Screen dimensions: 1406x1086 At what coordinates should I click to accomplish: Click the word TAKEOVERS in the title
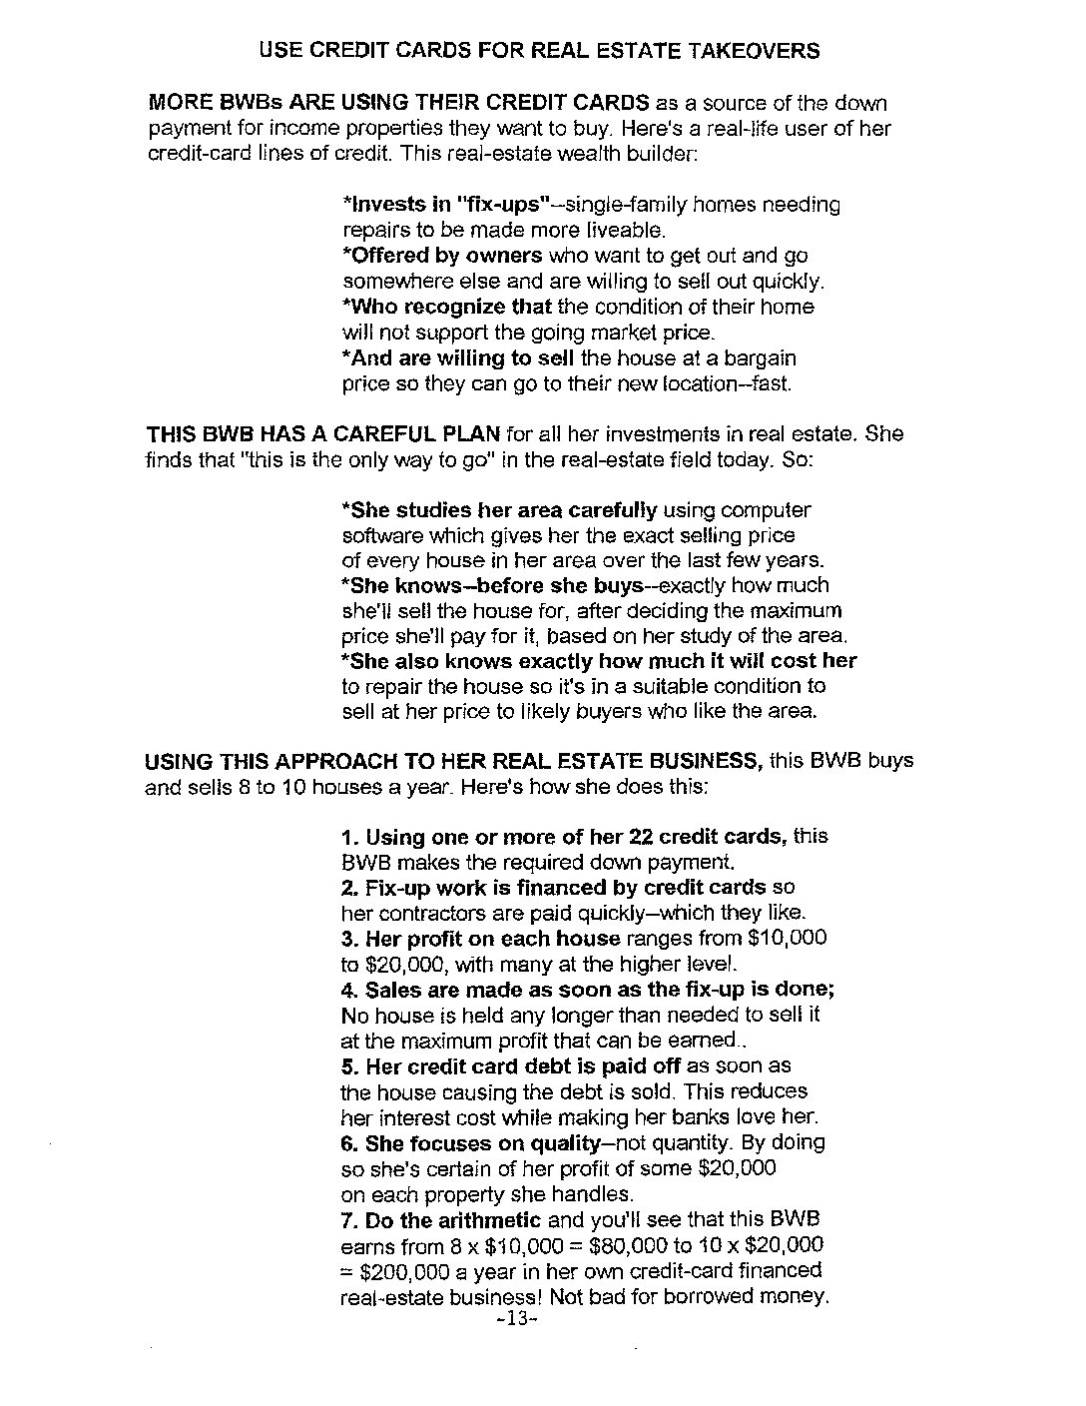(x=755, y=50)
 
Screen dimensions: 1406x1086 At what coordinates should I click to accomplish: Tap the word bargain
(x=763, y=357)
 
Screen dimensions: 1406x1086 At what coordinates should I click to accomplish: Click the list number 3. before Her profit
(x=350, y=939)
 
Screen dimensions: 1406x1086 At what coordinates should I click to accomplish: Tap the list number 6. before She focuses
(x=350, y=1142)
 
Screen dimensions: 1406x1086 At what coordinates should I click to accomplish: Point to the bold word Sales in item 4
(x=391, y=990)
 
